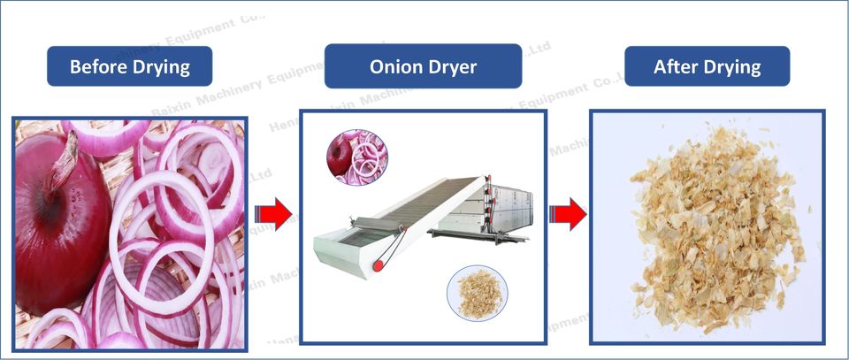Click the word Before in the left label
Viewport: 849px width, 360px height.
[98, 66]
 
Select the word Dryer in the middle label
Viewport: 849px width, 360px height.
[453, 67]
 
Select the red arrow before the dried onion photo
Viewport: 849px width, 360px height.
[566, 213]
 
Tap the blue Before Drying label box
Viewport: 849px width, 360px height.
[129, 66]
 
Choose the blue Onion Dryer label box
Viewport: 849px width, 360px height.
[423, 66]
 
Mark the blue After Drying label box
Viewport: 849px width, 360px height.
[707, 66]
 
